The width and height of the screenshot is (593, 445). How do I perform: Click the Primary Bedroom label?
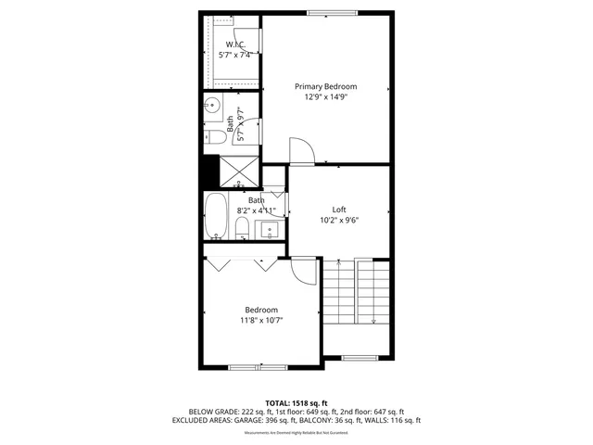click(x=325, y=86)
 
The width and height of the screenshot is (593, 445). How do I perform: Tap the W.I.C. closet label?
click(x=234, y=44)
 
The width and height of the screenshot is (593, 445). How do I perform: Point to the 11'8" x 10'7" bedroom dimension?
click(x=261, y=320)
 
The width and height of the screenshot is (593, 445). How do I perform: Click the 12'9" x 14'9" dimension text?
click(x=325, y=96)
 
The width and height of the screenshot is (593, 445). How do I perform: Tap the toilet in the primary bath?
click(x=214, y=138)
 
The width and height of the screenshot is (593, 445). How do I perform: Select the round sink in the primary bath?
click(x=211, y=105)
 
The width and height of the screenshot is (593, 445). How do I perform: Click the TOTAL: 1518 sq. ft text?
click(x=296, y=403)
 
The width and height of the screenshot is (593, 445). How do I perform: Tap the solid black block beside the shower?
click(x=208, y=172)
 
